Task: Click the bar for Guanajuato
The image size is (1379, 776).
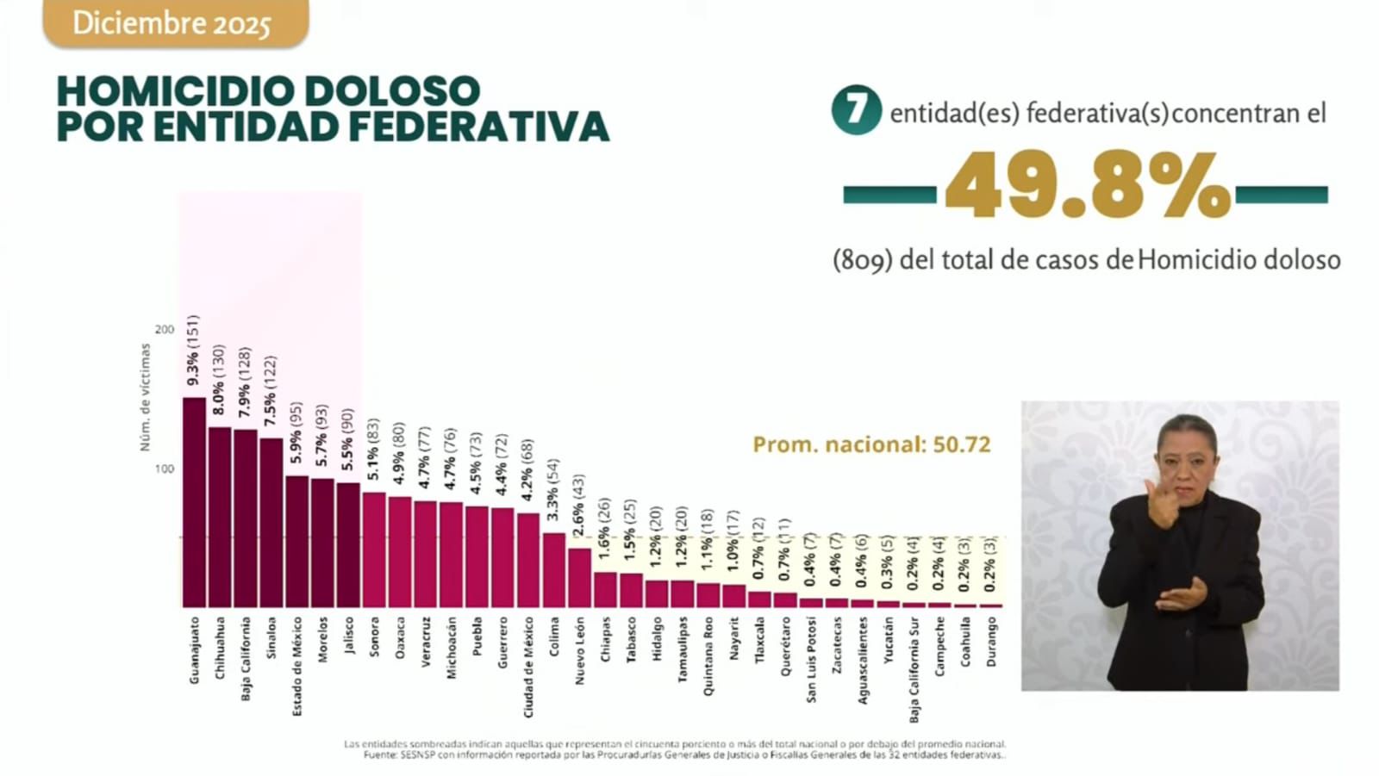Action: (x=194, y=503)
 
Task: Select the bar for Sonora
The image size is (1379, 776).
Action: (x=374, y=550)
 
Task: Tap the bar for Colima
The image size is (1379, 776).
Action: (x=554, y=570)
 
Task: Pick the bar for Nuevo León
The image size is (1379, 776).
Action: (x=580, y=578)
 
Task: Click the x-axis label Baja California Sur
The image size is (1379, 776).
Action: (x=914, y=669)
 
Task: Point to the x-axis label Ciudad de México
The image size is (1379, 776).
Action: (x=528, y=667)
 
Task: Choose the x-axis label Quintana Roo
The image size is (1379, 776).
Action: (x=708, y=655)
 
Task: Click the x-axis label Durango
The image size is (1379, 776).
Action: (x=991, y=642)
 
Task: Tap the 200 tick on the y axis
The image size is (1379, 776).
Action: (x=164, y=329)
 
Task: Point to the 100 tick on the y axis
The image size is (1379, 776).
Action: (x=164, y=469)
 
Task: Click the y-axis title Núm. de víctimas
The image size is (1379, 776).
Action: (x=145, y=397)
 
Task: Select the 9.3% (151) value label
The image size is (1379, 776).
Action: (x=194, y=351)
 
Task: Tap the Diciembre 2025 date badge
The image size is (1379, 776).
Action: (x=172, y=23)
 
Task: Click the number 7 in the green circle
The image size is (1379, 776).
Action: (x=856, y=110)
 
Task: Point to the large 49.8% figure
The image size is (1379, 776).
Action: (x=1087, y=186)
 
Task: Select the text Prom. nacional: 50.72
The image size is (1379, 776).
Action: (x=871, y=444)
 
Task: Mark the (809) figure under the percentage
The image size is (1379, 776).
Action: (x=862, y=260)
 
